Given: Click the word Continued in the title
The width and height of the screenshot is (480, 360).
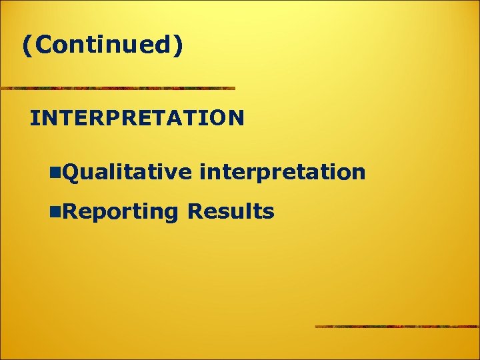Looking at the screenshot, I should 101,45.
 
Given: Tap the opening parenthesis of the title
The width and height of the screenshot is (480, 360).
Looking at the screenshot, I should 26,45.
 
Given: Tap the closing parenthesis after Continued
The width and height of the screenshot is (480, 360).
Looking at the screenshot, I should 177,45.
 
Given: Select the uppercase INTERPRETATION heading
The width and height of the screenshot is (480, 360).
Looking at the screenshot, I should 137,119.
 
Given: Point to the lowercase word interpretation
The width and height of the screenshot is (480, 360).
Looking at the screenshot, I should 282,173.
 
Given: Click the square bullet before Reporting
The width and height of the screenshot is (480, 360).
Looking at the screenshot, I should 54,213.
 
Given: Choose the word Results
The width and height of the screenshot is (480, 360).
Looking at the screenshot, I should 231,212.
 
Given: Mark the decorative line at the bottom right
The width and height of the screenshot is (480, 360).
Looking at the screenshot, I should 397,326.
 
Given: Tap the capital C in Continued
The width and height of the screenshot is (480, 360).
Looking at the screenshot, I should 39,45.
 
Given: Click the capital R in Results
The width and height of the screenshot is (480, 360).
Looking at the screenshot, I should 195,212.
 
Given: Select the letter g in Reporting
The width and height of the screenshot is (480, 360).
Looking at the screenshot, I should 171,215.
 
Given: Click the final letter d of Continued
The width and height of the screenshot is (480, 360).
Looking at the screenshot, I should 163,45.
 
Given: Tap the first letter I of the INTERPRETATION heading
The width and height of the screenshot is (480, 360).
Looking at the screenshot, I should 35,119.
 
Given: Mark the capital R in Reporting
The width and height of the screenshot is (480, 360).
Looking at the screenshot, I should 67,212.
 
